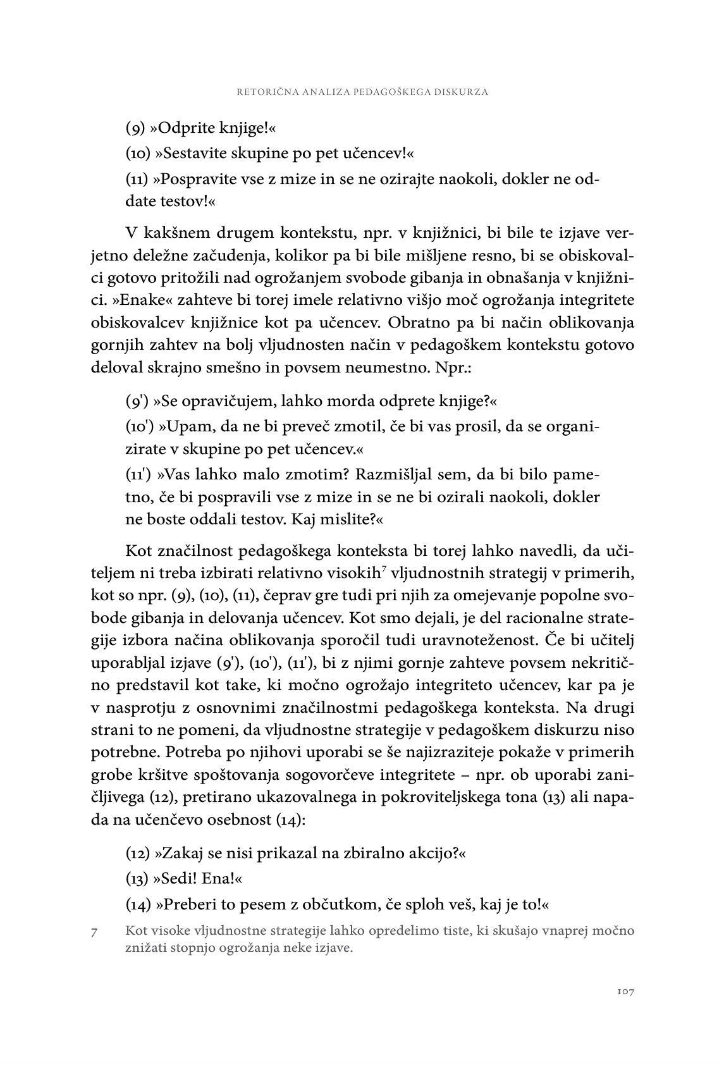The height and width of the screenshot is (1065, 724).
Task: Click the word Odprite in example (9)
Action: (x=185, y=128)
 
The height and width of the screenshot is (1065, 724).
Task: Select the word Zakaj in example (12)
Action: (x=182, y=853)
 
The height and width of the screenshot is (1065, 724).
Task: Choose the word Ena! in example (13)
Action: (x=223, y=879)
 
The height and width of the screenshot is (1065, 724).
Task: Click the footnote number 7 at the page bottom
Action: (x=94, y=932)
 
